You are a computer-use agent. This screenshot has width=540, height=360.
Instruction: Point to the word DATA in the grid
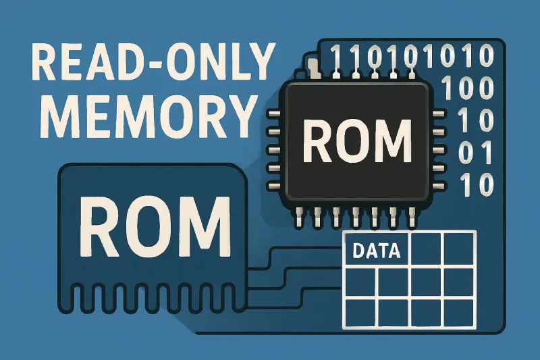[x=377, y=252]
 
